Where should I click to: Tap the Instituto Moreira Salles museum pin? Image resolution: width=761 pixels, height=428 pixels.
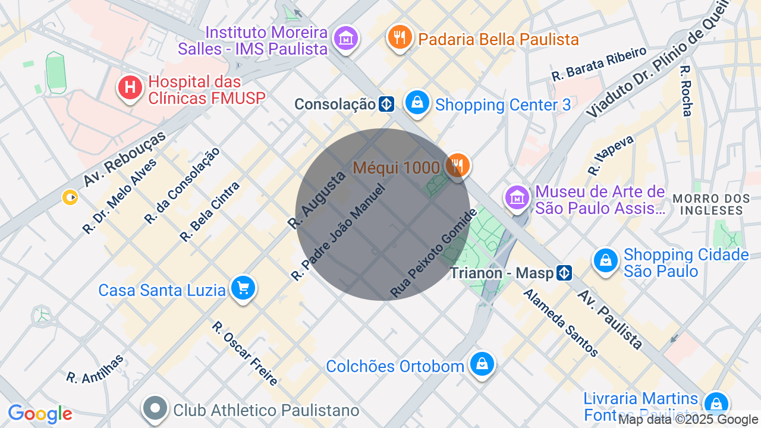pyautogui.click(x=345, y=39)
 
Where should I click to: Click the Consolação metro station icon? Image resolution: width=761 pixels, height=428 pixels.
pyautogui.click(x=386, y=105)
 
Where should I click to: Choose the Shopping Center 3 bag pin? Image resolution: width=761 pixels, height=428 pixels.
pyautogui.click(x=418, y=102)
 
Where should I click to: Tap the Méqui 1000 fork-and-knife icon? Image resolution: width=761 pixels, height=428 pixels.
pyautogui.click(x=457, y=165)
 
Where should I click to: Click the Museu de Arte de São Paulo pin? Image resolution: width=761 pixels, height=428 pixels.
pyautogui.click(x=517, y=197)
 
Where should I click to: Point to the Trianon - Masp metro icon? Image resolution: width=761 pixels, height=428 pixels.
pyautogui.click(x=565, y=273)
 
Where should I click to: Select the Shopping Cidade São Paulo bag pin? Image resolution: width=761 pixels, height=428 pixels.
pyautogui.click(x=606, y=260)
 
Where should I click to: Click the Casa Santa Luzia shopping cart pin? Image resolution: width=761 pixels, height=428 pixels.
pyautogui.click(x=243, y=288)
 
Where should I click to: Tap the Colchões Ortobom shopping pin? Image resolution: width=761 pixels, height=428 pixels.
pyautogui.click(x=482, y=363)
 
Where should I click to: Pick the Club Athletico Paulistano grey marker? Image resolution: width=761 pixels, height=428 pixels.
pyautogui.click(x=156, y=408)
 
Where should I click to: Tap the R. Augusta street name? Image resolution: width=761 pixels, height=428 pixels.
pyautogui.click(x=316, y=200)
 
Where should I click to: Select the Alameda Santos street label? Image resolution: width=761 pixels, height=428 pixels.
pyautogui.click(x=561, y=323)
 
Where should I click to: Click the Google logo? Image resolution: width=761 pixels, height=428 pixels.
pyautogui.click(x=40, y=414)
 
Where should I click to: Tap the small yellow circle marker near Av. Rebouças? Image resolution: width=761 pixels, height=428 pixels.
pyautogui.click(x=71, y=197)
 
